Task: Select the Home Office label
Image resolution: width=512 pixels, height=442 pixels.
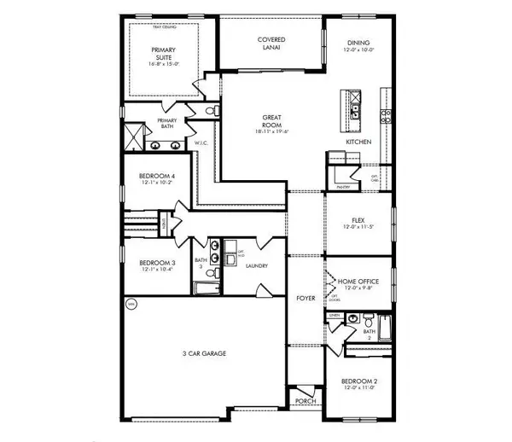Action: coord(358,282)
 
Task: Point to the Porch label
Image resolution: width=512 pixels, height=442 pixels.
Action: coord(303,400)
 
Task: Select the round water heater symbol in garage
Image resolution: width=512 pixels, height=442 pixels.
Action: coord(131,303)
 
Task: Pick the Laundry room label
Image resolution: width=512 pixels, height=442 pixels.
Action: coord(257,266)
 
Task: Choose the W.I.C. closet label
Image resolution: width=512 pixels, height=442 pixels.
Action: coord(203,142)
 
